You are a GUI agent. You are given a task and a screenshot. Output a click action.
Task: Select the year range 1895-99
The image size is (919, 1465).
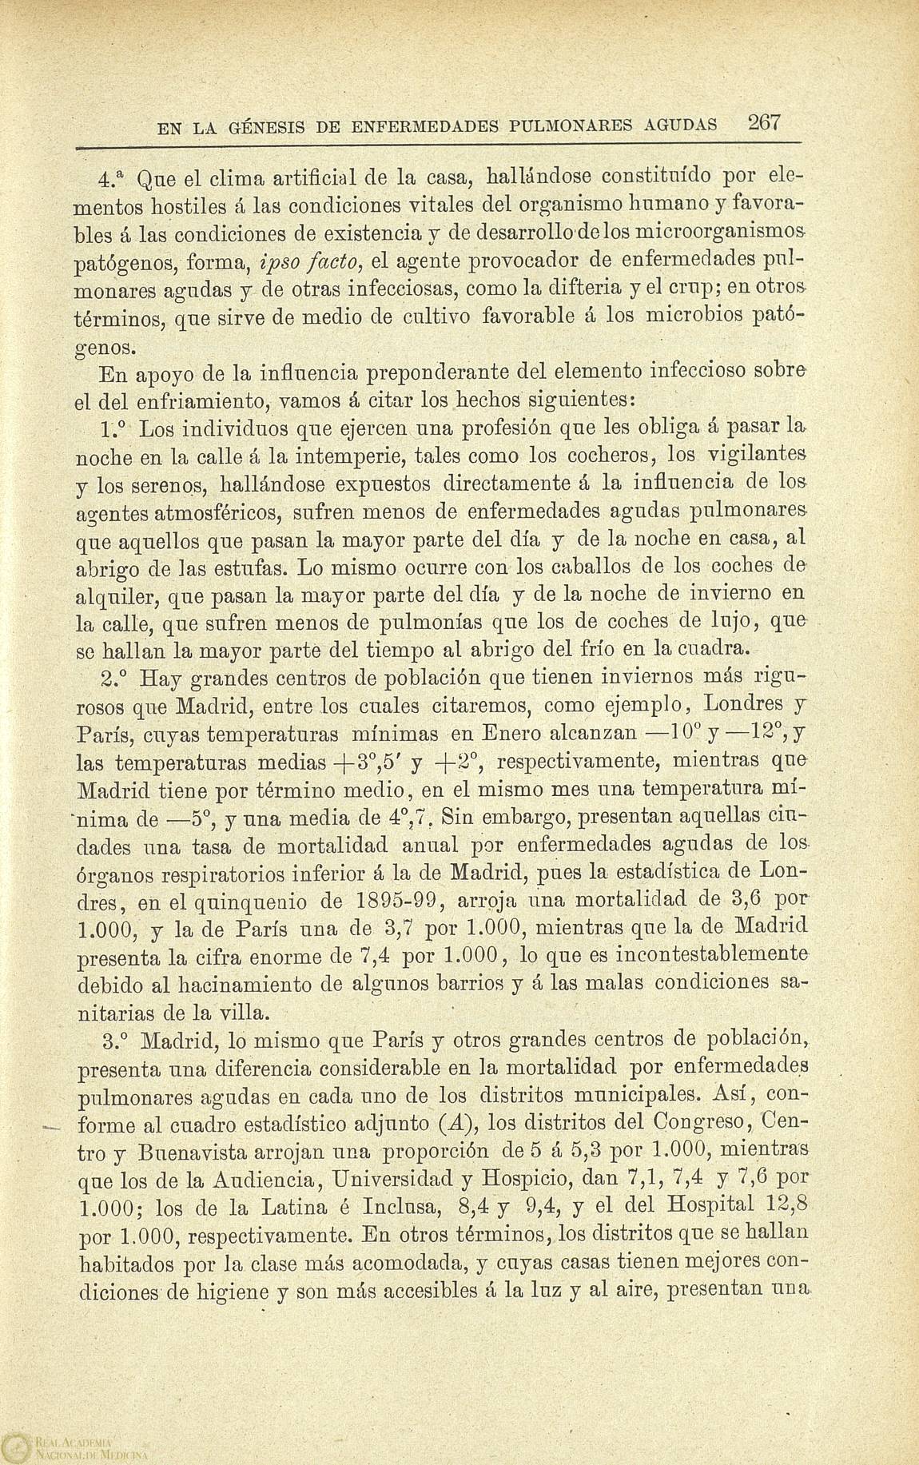click(398, 901)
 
